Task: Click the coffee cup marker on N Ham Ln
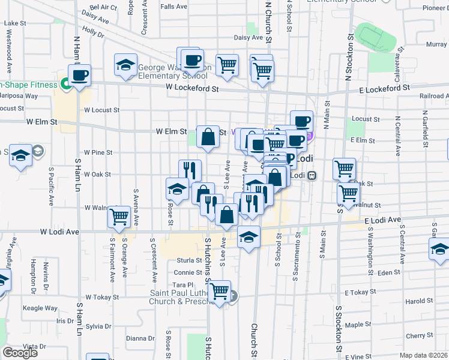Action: click(79, 76)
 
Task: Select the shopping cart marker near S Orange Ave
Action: click(119, 216)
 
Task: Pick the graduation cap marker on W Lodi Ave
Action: click(249, 237)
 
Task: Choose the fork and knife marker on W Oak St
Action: click(190, 170)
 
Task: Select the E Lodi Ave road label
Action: click(382, 221)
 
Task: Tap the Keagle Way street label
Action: click(40, 308)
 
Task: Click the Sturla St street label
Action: click(190, 260)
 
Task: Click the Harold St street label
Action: click(418, 301)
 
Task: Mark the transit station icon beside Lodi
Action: click(312, 176)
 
